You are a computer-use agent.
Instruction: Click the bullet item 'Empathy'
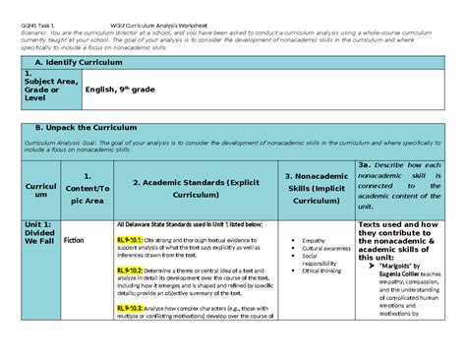pyautogui.click(x=315, y=240)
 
